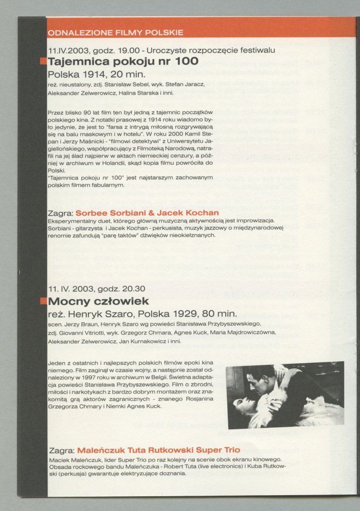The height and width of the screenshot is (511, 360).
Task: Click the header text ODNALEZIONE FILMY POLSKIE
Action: tap(115, 33)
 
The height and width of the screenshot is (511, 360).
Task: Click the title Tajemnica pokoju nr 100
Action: tap(123, 62)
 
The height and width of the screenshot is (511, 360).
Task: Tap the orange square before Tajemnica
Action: tap(44, 62)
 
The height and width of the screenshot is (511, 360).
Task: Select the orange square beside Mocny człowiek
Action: tap(44, 300)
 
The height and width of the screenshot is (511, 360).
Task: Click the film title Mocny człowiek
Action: tap(98, 300)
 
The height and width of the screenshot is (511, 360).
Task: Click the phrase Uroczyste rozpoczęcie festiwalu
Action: tap(215, 51)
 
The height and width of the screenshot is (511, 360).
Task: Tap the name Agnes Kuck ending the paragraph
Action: tap(145, 406)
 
